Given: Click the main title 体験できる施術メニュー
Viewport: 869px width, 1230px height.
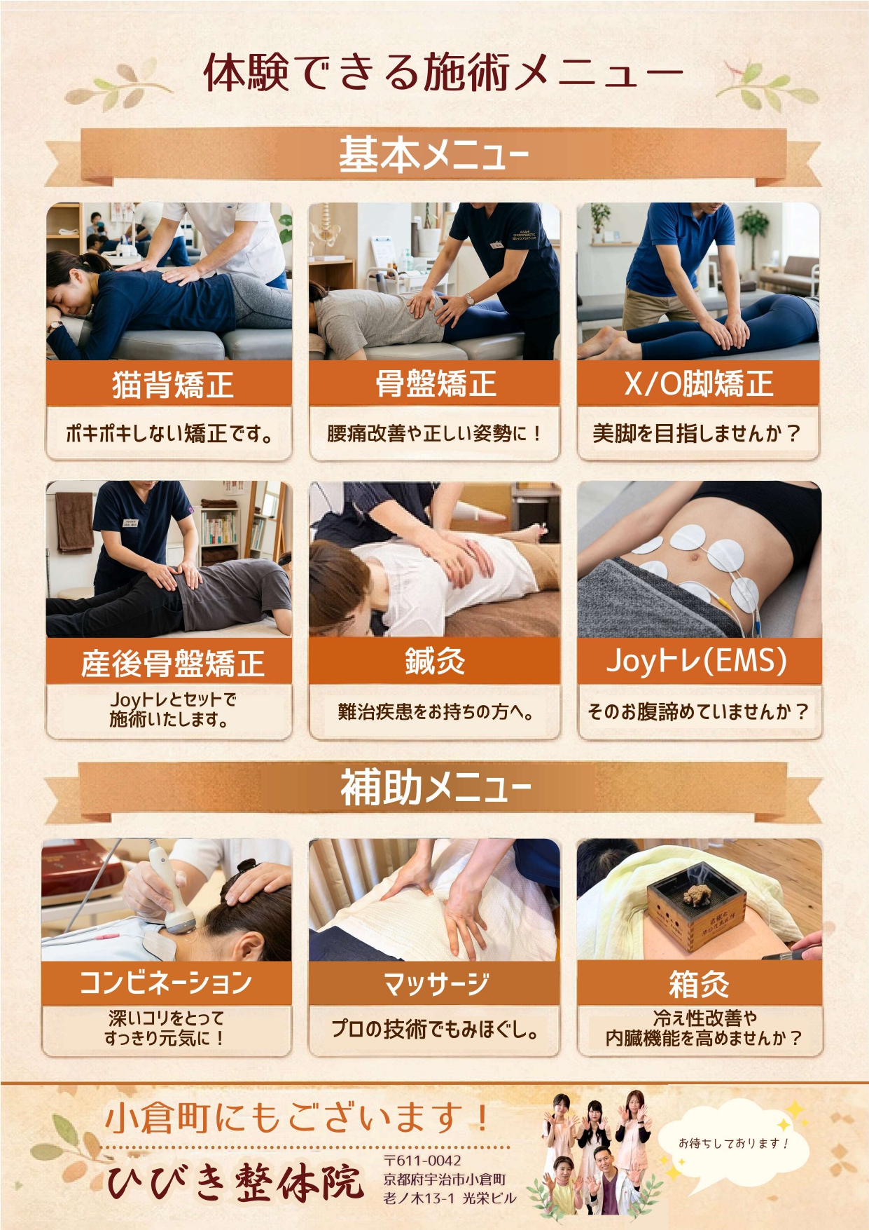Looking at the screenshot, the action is pyautogui.click(x=443, y=72).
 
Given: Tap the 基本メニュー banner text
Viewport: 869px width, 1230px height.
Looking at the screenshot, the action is pyautogui.click(x=434, y=154).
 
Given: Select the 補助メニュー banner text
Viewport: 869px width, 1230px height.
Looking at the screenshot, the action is pyautogui.click(x=436, y=787).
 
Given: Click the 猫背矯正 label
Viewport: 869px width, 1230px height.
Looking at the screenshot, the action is pyautogui.click(x=173, y=384).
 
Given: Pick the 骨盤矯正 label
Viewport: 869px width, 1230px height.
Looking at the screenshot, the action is pyautogui.click(x=436, y=383).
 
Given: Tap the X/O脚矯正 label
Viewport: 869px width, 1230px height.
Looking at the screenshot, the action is pyautogui.click(x=698, y=383).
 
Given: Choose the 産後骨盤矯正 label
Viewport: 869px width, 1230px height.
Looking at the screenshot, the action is pyautogui.click(x=172, y=663).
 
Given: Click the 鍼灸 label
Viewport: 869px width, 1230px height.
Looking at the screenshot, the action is pyautogui.click(x=435, y=660).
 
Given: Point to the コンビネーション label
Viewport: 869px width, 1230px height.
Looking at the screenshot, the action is pyautogui.click(x=166, y=982).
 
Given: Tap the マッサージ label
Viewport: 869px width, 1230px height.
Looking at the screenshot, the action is pyautogui.click(x=436, y=983).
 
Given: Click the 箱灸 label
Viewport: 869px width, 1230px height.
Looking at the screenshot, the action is pyautogui.click(x=699, y=983).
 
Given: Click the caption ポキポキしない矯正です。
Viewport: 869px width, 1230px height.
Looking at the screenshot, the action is pyautogui.click(x=169, y=434).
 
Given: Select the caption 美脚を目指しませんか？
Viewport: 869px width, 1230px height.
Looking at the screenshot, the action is pyautogui.click(x=697, y=433).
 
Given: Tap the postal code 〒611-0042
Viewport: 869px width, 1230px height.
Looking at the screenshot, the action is pyautogui.click(x=423, y=1161).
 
